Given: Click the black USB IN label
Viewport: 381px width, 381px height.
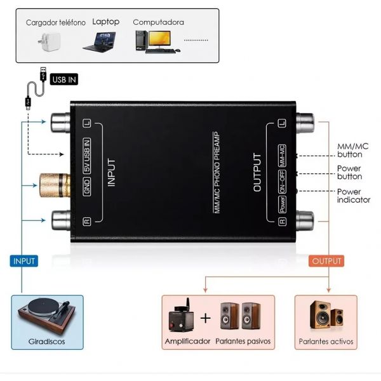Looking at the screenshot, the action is (x=64, y=79).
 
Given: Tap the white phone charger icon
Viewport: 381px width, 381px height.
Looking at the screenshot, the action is (x=50, y=41).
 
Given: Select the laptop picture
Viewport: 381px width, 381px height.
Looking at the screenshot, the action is (x=99, y=42).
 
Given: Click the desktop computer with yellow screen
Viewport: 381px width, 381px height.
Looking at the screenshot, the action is (x=157, y=41).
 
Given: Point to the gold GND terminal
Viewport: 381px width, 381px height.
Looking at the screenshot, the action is (x=55, y=185).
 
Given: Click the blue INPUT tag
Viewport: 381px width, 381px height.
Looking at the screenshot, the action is (x=24, y=261).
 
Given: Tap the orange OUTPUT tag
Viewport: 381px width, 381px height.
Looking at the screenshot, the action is (x=326, y=261).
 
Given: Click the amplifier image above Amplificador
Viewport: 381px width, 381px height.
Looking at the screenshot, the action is (x=181, y=316).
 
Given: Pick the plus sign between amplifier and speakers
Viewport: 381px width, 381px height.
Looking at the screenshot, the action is (x=206, y=318).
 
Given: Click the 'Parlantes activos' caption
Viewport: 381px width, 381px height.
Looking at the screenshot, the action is (x=326, y=342).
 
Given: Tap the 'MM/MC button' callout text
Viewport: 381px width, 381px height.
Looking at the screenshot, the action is (x=352, y=150).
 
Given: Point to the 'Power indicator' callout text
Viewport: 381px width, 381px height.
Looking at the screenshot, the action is (x=354, y=196).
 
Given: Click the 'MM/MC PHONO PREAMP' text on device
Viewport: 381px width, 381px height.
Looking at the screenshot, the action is (x=217, y=173).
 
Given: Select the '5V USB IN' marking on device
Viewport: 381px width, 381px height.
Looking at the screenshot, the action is (x=87, y=156).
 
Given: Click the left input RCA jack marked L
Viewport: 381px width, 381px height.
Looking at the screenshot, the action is (x=61, y=122).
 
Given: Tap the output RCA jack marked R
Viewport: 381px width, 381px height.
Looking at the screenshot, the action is (x=305, y=220).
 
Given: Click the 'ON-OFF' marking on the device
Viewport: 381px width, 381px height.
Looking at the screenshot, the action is (x=282, y=182).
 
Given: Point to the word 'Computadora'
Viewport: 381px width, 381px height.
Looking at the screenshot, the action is (x=158, y=22).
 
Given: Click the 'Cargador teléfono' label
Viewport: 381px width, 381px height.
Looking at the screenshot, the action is (x=56, y=23).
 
